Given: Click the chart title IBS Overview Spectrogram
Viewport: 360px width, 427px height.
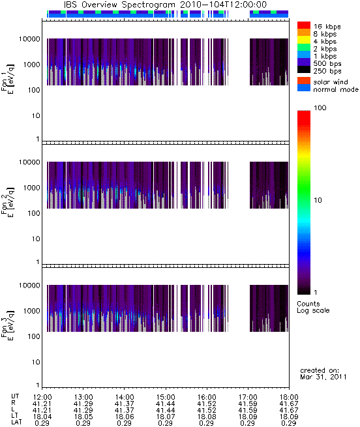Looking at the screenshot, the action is (x=119, y=5).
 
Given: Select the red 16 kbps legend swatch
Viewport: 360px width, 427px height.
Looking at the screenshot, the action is (x=304, y=25).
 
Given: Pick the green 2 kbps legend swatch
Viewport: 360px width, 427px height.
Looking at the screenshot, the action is (x=304, y=48).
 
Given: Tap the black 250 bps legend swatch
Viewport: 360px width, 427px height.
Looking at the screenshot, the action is (x=304, y=70).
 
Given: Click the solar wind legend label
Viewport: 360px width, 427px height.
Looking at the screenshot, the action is (x=331, y=82).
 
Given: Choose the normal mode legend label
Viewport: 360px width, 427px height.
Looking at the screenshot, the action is (x=336, y=89).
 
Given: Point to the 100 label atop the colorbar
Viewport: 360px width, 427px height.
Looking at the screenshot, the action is (x=320, y=108).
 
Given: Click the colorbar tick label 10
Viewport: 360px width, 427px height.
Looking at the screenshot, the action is (x=318, y=200).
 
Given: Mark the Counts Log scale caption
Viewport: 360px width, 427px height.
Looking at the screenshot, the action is (x=313, y=307).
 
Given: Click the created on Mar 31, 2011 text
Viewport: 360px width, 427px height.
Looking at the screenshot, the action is (x=323, y=374).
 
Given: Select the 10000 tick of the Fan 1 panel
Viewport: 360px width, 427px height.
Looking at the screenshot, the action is (x=29, y=39).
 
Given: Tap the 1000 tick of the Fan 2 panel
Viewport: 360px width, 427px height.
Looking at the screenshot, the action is (x=31, y=188).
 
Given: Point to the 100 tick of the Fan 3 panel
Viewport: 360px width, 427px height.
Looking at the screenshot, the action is (x=34, y=336).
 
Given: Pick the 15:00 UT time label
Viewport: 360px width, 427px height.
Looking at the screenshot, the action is (x=166, y=397).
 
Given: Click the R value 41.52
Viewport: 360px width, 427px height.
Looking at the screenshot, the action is (x=206, y=404).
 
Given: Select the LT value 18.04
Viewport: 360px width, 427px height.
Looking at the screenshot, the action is (x=42, y=417).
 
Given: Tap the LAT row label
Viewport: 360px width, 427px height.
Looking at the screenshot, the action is (x=16, y=422).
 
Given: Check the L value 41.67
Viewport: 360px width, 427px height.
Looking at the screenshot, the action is (x=289, y=410).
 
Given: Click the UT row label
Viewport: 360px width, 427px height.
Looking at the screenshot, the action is (x=15, y=396).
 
